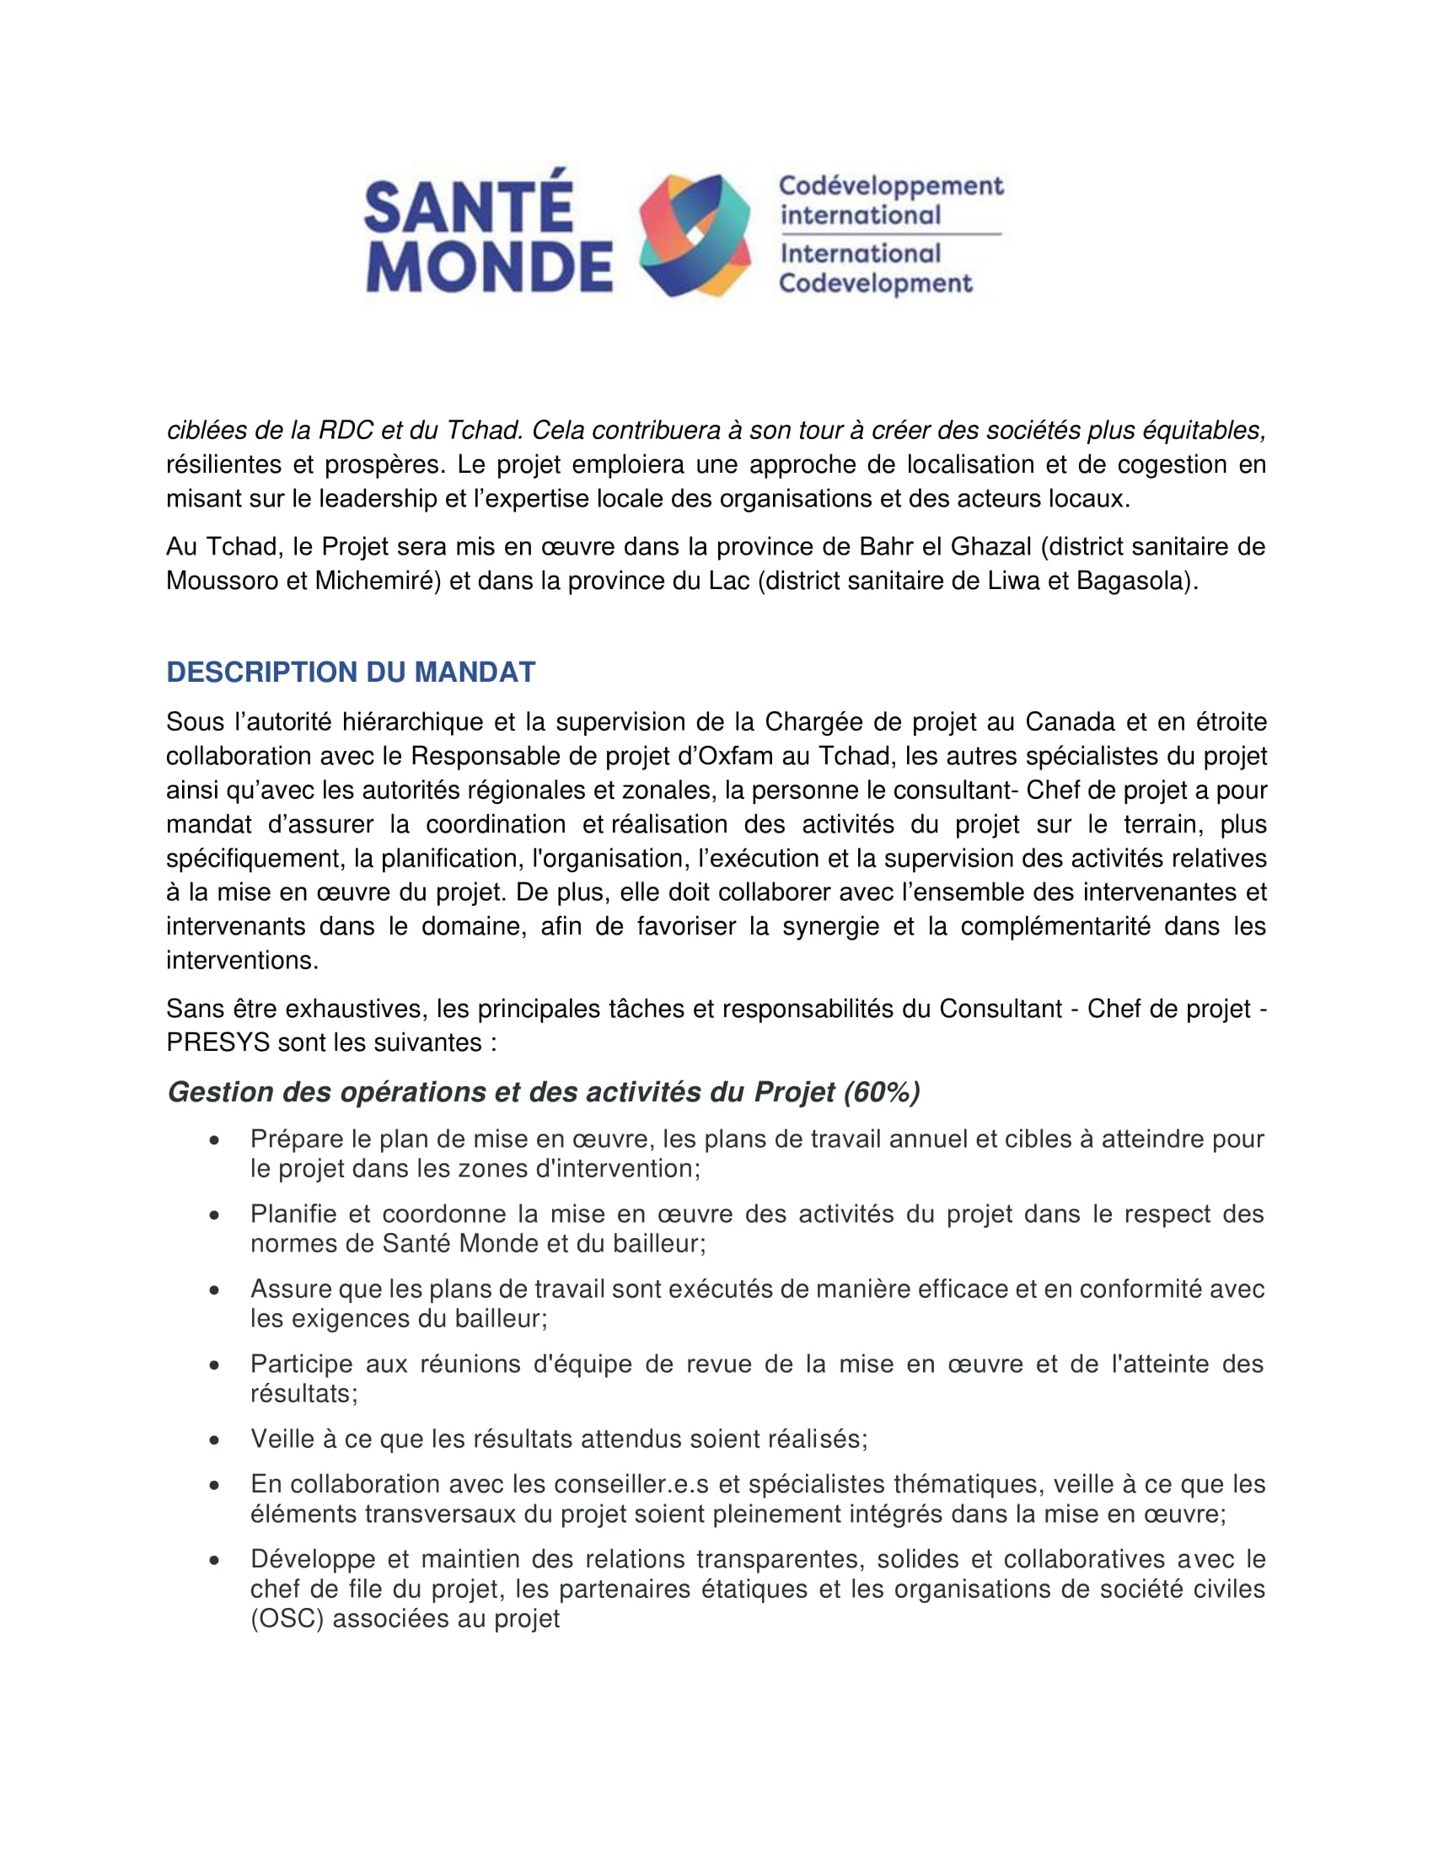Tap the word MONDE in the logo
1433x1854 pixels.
click(488, 266)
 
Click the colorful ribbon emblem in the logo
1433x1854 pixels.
click(695, 235)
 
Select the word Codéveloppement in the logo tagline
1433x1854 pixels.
click(890, 186)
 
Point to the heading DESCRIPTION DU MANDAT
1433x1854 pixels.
click(351, 672)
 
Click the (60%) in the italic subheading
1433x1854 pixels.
click(881, 1091)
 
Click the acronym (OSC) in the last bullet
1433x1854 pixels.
click(287, 1619)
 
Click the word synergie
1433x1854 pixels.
click(830, 926)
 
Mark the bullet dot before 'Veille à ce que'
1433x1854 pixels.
click(215, 1439)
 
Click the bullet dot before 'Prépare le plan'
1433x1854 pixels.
click(215, 1140)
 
